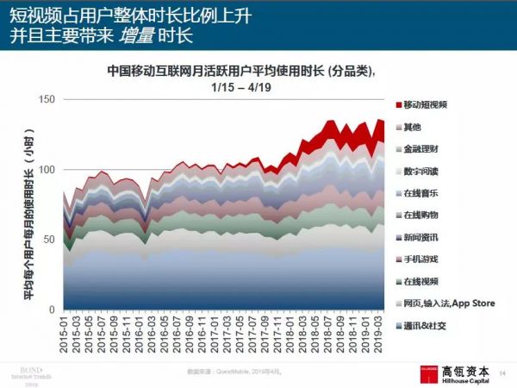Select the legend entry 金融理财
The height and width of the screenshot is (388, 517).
(422, 148)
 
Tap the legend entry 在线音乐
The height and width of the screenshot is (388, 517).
(422, 192)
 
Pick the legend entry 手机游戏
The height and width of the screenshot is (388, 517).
(422, 259)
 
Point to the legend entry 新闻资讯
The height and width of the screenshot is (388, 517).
(422, 237)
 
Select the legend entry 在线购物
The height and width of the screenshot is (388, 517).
(422, 215)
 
